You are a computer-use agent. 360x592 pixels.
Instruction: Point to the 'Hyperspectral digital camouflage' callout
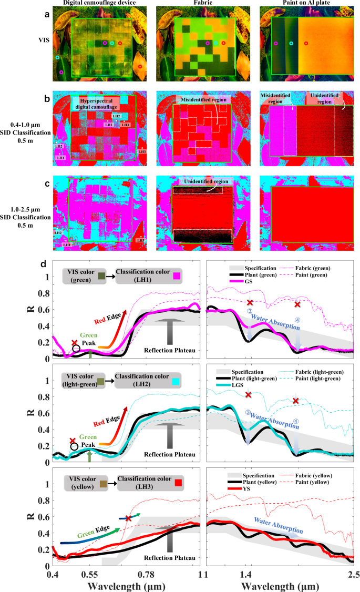(x=100, y=103)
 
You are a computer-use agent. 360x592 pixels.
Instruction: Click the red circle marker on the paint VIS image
(x=306, y=44)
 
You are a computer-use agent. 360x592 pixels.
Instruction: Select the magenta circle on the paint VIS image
(x=276, y=44)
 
